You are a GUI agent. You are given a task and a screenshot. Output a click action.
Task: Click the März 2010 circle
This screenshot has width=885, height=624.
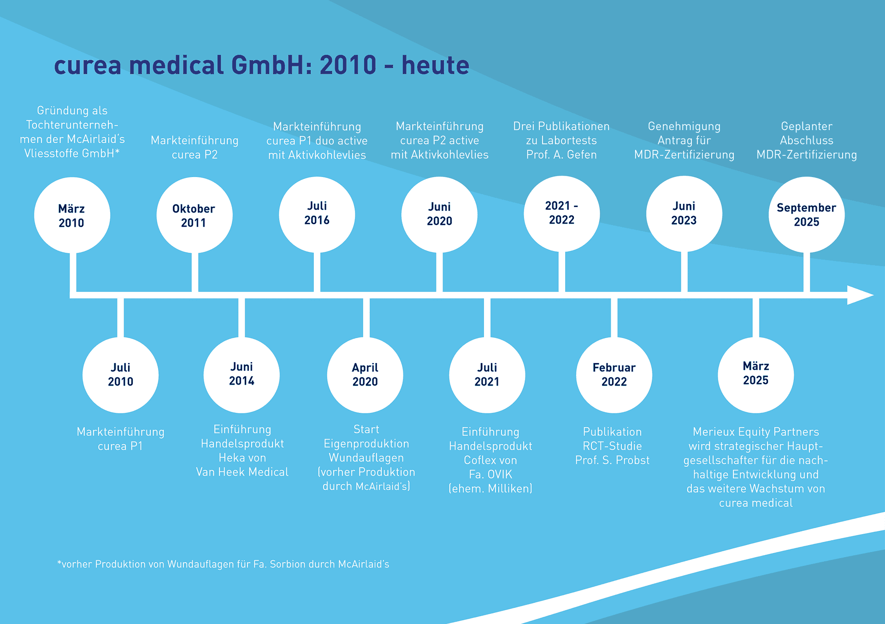pos(72,215)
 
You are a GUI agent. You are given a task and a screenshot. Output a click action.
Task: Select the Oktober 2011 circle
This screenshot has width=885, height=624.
pos(194,215)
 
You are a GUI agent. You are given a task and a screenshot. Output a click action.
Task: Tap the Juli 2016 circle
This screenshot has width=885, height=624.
pos(317,214)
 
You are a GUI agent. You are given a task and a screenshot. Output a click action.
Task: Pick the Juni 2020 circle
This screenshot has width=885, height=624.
pos(439,214)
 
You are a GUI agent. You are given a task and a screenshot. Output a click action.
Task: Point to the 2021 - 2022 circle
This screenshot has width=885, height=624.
pos(561,214)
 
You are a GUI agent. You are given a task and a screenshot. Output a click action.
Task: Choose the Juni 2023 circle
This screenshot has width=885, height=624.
pos(684,214)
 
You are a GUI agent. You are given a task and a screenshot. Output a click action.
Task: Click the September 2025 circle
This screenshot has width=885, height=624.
pos(806,214)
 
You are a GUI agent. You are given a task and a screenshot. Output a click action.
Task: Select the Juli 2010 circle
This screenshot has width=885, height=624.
pos(120,375)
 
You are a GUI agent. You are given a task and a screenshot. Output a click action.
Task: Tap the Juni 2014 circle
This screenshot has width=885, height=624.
pos(242,374)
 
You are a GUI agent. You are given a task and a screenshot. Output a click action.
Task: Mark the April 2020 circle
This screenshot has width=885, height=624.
pos(365,375)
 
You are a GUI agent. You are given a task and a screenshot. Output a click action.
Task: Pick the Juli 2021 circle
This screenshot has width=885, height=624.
pos(487,375)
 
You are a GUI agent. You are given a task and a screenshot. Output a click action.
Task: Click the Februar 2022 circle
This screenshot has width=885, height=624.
pos(614,375)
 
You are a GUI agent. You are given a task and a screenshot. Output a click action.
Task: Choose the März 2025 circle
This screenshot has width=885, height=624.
pos(755,374)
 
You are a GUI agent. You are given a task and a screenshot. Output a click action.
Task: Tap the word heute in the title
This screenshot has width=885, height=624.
pos(435,65)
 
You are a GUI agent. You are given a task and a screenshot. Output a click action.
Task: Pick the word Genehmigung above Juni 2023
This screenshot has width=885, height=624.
pos(684,126)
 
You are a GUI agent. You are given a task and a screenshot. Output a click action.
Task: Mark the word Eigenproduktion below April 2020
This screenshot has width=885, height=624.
pos(366,444)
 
